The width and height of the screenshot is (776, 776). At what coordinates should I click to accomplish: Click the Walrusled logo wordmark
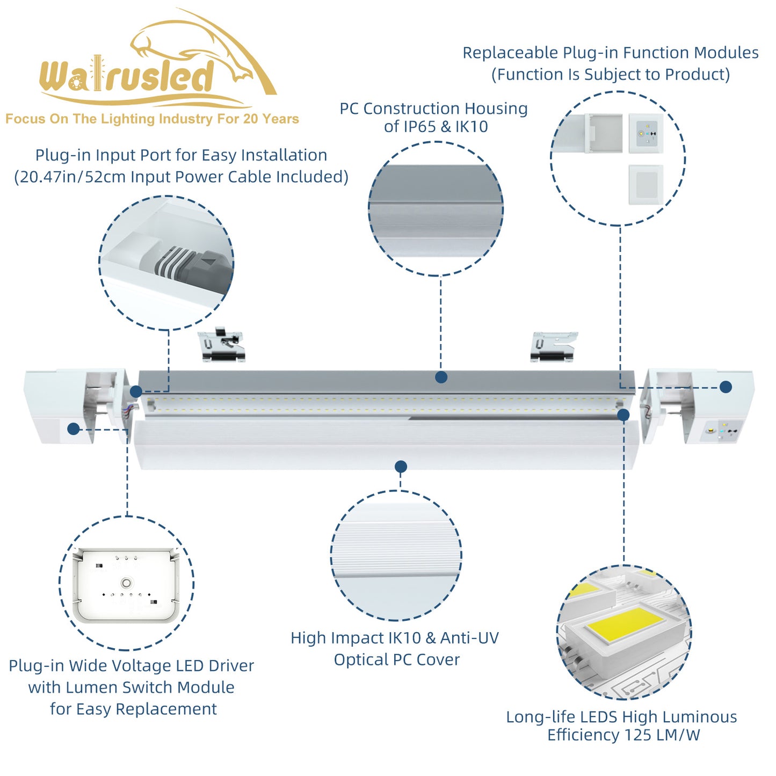(x=127, y=76)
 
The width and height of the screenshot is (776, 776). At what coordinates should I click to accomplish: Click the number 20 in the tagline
(x=250, y=119)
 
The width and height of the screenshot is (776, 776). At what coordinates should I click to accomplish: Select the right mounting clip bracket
(x=553, y=346)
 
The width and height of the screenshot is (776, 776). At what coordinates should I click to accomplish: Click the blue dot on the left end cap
(x=74, y=429)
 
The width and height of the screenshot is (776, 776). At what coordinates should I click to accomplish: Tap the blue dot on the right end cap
(x=726, y=387)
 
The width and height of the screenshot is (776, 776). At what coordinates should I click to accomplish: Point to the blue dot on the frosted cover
(x=401, y=466)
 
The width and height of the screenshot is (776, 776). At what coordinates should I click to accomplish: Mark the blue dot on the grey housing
(x=441, y=377)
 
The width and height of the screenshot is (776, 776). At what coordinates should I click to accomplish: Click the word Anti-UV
(x=469, y=638)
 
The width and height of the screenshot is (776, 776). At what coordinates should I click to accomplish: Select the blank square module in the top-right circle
(x=646, y=184)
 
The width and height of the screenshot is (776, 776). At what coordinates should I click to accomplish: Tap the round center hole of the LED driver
(x=127, y=583)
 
